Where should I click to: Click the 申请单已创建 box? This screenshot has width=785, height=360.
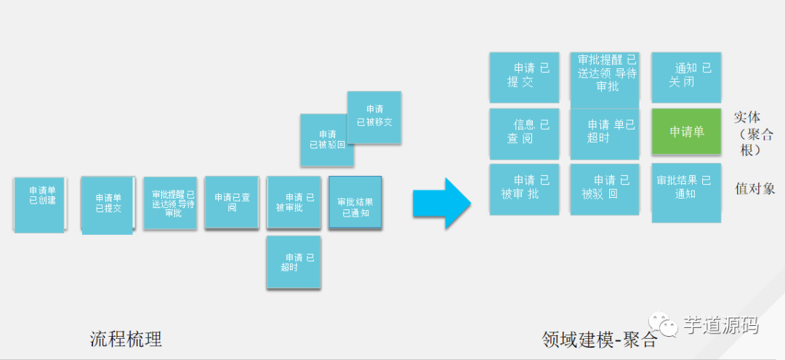[39, 204]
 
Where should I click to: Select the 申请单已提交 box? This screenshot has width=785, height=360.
[108, 204]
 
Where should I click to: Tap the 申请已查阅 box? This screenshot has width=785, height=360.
[232, 202]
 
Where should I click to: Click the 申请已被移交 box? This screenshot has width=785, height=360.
[374, 116]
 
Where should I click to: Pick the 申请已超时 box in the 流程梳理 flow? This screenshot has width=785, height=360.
[294, 263]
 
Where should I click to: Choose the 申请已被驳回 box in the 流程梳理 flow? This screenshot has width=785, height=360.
[328, 139]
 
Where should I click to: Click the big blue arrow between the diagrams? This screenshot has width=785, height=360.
[441, 203]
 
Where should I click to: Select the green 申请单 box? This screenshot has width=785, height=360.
[686, 132]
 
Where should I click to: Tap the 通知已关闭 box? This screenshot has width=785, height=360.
[686, 76]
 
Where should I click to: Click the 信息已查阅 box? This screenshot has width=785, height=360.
[524, 133]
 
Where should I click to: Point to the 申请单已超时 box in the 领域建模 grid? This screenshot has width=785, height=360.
[605, 133]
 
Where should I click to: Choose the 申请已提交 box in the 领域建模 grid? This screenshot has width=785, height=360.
[524, 76]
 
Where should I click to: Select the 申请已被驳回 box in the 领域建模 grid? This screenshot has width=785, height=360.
[605, 188]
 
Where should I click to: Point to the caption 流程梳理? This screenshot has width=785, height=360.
[126, 339]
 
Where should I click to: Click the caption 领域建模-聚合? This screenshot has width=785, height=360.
[600, 340]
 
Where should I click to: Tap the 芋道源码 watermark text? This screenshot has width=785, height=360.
[720, 325]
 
